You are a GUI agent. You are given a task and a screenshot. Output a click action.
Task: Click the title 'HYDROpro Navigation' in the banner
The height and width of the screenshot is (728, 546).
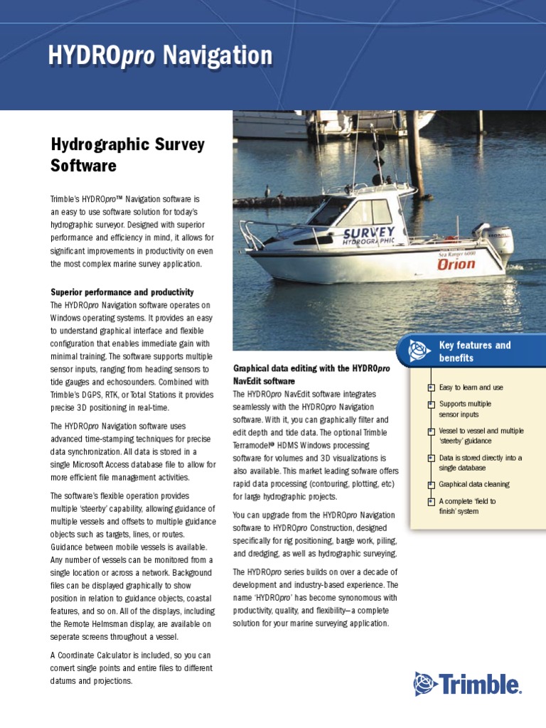(160, 55)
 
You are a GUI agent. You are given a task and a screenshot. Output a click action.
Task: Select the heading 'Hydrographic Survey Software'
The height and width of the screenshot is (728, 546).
(127, 155)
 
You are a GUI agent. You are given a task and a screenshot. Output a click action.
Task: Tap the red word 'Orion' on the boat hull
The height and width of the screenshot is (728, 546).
(456, 264)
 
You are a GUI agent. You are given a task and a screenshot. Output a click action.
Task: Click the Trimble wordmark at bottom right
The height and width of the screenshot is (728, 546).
(480, 685)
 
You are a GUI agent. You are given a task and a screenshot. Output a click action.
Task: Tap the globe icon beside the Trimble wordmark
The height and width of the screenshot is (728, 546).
(425, 684)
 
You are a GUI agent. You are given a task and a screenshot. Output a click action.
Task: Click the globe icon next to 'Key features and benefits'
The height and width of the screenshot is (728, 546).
(419, 350)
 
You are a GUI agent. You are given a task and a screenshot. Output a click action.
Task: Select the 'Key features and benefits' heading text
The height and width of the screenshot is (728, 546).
(474, 351)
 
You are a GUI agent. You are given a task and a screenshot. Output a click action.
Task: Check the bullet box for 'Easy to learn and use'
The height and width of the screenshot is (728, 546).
(431, 387)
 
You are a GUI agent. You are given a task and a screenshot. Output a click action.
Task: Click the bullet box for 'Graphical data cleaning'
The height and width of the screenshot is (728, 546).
(431, 485)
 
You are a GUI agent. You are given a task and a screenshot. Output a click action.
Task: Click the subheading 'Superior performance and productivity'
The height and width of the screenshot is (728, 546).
(122, 292)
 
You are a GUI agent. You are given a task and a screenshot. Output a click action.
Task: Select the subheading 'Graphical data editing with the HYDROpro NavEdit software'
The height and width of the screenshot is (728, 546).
(311, 374)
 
